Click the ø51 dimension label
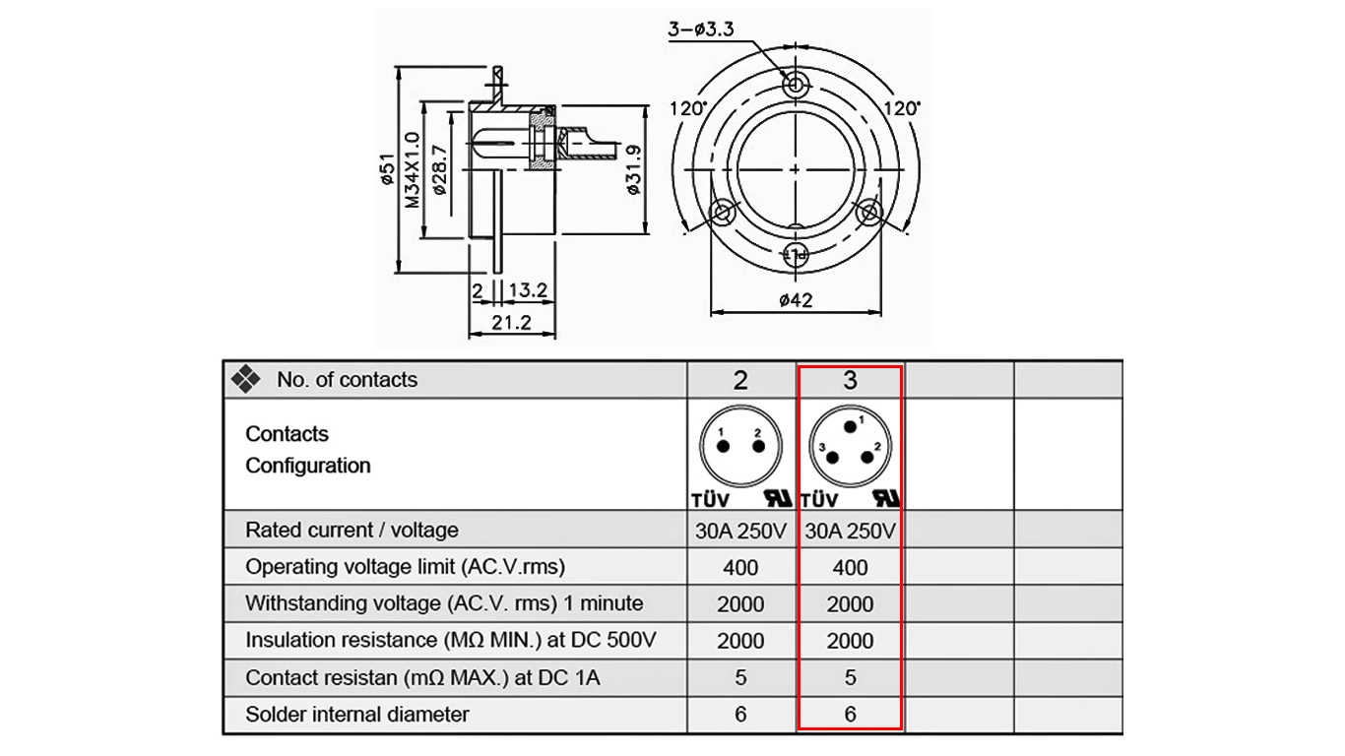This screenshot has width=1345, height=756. coord(389,169)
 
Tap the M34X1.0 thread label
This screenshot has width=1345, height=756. coord(412,170)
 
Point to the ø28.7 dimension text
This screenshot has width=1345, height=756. coord(439,170)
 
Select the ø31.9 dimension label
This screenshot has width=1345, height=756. coord(633,170)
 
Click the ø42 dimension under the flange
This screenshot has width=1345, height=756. coord(796,299)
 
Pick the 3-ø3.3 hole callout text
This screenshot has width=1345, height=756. coord(701,29)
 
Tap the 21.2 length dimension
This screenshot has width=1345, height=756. coord(511,323)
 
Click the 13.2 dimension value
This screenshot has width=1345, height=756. coord(528,290)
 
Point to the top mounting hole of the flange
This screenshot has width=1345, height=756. coord(796,85)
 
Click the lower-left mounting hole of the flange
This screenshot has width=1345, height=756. coord(722,212)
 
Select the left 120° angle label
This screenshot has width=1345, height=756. coord(688,108)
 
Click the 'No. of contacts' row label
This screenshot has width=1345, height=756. coord(347,380)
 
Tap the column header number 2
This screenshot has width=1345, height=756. coord(740,380)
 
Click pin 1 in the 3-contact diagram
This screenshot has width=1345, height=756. coord(850,427)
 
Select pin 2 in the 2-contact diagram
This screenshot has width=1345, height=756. coord(758,446)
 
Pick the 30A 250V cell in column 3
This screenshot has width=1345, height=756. coord(850,531)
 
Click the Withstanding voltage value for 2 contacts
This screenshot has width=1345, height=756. coord(740,604)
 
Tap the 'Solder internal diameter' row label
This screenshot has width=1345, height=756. coord(356,715)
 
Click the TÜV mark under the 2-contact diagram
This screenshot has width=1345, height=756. coord(710,500)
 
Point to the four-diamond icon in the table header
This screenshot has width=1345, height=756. coord(245,379)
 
